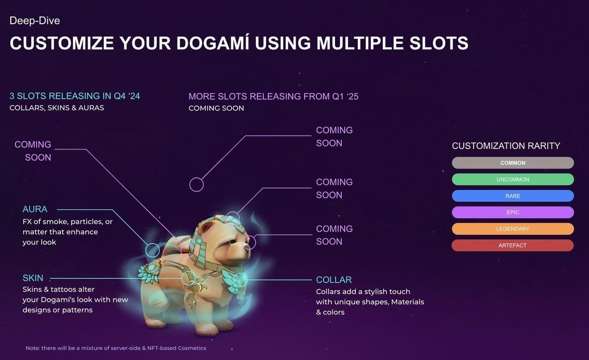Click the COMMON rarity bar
pyautogui.click(x=513, y=163)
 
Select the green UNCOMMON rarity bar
pyautogui.click(x=513, y=179)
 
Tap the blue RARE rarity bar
pyautogui.click(x=513, y=196)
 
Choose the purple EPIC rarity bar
pyautogui.click(x=513, y=212)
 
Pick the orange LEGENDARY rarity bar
pyautogui.click(x=513, y=229)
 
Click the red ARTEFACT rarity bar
pyautogui.click(x=513, y=246)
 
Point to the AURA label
pyautogui.click(x=35, y=209)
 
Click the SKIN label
pyautogui.click(x=33, y=278)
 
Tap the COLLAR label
pyautogui.click(x=334, y=280)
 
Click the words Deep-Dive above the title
pyautogui.click(x=34, y=21)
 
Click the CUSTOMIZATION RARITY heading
pyautogui.click(x=506, y=146)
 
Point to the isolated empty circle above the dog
pyautogui.click(x=196, y=184)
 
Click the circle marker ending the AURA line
pyautogui.click(x=153, y=250)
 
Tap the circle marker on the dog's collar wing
pyautogui.click(x=240, y=280)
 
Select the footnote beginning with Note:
pyautogui.click(x=116, y=348)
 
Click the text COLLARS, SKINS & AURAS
pyautogui.click(x=57, y=108)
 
